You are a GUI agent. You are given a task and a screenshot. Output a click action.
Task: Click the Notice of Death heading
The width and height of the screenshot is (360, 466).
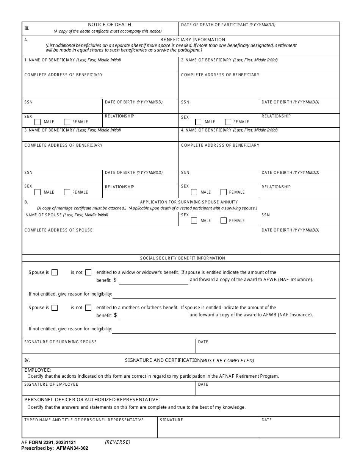[110, 25]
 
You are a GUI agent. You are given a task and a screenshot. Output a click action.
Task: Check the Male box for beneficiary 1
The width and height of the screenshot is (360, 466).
[38, 122]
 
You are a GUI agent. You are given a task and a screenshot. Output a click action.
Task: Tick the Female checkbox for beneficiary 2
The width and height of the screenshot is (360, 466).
[228, 122]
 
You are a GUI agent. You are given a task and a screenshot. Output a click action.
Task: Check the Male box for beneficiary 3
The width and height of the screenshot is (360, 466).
[38, 192]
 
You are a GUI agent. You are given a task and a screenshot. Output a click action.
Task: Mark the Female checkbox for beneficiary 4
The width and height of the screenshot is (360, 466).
[224, 192]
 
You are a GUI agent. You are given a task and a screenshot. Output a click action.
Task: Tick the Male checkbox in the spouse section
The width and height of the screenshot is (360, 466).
[194, 220]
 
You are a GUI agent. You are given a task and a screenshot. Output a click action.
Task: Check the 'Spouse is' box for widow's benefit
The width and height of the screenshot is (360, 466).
[55, 272]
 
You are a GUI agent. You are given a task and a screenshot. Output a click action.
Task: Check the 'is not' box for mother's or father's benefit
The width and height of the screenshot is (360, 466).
[88, 308]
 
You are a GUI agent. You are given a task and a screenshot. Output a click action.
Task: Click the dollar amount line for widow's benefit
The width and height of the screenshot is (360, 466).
[153, 281]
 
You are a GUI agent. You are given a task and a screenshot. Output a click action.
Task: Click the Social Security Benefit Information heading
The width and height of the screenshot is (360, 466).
[182, 258]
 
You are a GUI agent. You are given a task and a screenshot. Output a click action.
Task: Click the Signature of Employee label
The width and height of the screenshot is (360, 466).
[51, 384]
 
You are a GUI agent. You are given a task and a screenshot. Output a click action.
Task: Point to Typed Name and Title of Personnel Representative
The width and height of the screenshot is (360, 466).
[84, 420]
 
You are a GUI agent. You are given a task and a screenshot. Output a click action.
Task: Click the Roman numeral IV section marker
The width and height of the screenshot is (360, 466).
[27, 360]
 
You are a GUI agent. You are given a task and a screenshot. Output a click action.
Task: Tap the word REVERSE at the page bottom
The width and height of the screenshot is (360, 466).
[117, 442]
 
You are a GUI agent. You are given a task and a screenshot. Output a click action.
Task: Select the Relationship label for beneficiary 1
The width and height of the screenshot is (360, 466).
[119, 116]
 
